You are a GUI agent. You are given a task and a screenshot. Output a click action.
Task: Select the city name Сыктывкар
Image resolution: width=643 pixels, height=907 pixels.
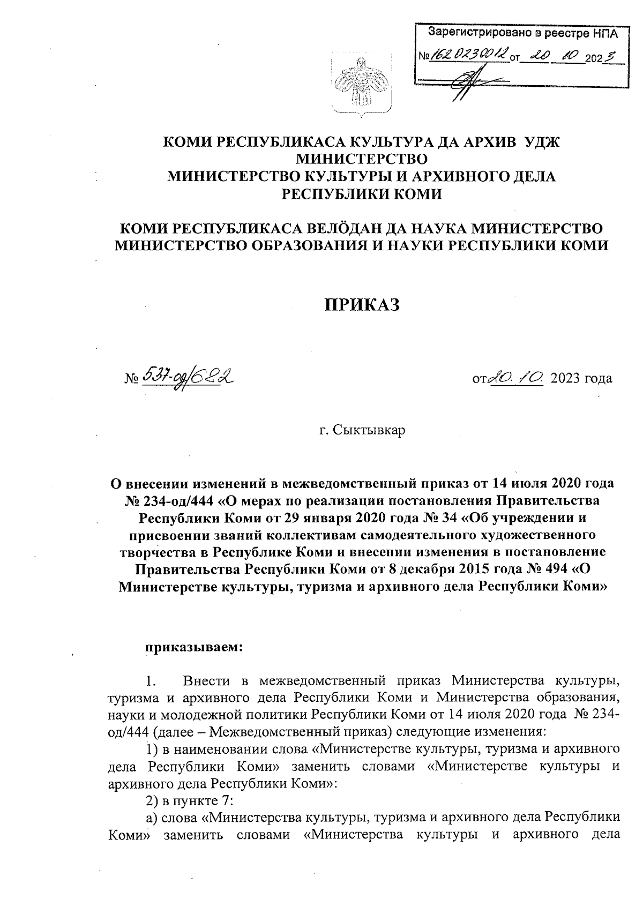click(362, 430)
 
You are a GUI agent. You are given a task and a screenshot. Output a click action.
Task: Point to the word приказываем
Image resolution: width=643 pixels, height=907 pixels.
click(193, 647)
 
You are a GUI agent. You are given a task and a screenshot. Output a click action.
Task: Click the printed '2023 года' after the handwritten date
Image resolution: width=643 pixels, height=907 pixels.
click(581, 378)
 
